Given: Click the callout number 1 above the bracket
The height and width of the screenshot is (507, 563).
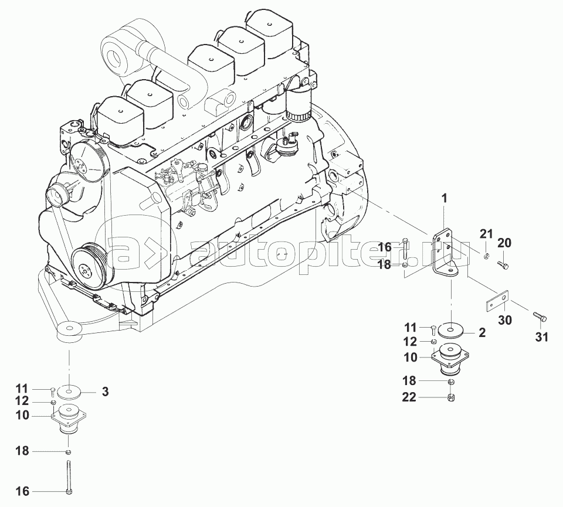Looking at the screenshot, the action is click(x=445, y=198).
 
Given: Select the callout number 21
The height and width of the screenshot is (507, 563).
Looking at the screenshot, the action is click(x=487, y=234).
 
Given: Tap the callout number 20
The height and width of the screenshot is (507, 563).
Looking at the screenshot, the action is click(x=504, y=243).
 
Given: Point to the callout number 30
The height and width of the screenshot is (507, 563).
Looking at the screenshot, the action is click(x=505, y=319).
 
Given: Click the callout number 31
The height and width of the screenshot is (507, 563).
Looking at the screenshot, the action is click(x=542, y=337).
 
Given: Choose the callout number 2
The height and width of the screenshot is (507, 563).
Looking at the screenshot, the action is click(x=482, y=332).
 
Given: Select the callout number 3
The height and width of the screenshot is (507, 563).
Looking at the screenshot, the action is click(x=105, y=392).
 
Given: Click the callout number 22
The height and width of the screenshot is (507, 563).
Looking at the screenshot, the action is click(x=409, y=397).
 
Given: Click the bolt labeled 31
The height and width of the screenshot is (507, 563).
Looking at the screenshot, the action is click(x=538, y=317).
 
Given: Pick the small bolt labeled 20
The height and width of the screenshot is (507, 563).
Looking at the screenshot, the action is click(x=503, y=265).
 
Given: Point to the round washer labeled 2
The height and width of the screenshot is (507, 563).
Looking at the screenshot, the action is click(x=450, y=331).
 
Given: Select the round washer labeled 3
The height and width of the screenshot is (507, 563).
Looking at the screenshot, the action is click(x=69, y=391).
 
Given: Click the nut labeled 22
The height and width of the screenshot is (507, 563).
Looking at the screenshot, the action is click(x=451, y=397).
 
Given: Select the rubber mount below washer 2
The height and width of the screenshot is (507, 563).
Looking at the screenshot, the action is click(x=450, y=359).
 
